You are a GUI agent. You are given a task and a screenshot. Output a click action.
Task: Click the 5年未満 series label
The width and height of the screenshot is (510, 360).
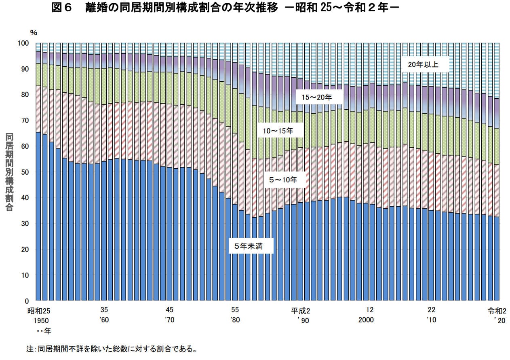(x=251, y=246)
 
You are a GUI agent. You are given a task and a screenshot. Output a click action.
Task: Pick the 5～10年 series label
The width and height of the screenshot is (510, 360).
(x=282, y=180)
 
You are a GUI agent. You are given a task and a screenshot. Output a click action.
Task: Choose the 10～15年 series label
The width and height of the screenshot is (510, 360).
(x=278, y=131)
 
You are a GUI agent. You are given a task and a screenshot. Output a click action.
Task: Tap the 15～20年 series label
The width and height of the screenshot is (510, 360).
(x=317, y=97)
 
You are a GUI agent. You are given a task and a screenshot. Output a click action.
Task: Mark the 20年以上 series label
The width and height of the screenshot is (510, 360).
(x=426, y=64)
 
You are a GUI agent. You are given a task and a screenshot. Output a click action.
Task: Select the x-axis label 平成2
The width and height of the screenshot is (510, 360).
(x=300, y=311)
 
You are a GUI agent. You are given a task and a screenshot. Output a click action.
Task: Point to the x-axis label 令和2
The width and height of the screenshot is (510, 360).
(x=497, y=311)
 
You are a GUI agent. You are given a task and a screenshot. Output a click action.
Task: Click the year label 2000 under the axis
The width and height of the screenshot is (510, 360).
(x=366, y=320)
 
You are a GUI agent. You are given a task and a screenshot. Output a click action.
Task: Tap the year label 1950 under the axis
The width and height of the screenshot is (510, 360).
(x=41, y=320)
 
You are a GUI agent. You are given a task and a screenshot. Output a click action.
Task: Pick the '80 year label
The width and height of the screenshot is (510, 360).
(x=235, y=320)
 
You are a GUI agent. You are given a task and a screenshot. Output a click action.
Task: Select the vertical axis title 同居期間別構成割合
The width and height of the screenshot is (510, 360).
(x=9, y=172)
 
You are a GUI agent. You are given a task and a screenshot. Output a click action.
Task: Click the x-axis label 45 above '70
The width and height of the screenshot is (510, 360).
(x=170, y=310)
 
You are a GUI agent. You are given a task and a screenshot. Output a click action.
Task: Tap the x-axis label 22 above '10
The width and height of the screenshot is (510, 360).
(x=432, y=310)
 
